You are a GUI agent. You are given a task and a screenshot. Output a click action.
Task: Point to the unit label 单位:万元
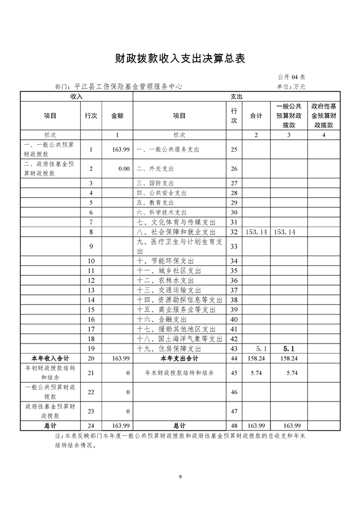coord(291,87)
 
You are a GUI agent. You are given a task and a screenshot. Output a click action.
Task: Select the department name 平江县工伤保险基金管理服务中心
coord(127,87)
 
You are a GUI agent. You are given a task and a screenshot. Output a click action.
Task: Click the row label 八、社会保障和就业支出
coord(176,232)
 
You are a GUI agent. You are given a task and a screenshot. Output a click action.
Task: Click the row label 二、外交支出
coord(155,169)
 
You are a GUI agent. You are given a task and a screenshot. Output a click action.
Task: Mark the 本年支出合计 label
coord(179,359)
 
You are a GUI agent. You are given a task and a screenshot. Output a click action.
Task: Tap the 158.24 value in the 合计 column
coord(257,359)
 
